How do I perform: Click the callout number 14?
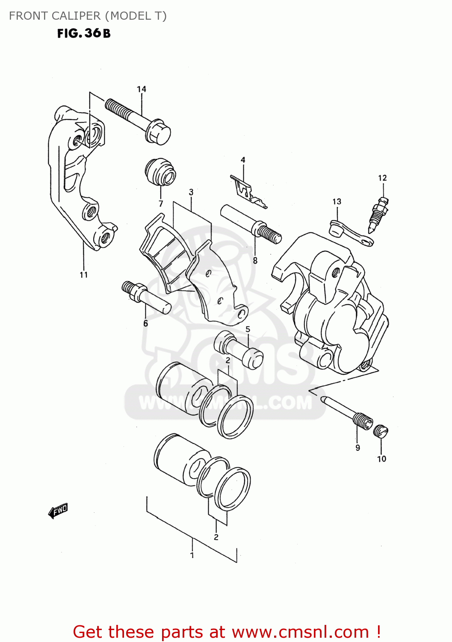142,89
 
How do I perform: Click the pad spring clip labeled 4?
248,191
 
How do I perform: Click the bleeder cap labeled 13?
351,232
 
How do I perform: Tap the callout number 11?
84,275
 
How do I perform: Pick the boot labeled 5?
238,349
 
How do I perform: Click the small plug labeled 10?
380,431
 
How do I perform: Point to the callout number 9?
357,448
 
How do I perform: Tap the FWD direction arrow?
58,511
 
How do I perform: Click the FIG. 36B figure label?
84,33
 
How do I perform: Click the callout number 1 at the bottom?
192,555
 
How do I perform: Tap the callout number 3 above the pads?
191,192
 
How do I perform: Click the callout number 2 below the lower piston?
216,537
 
